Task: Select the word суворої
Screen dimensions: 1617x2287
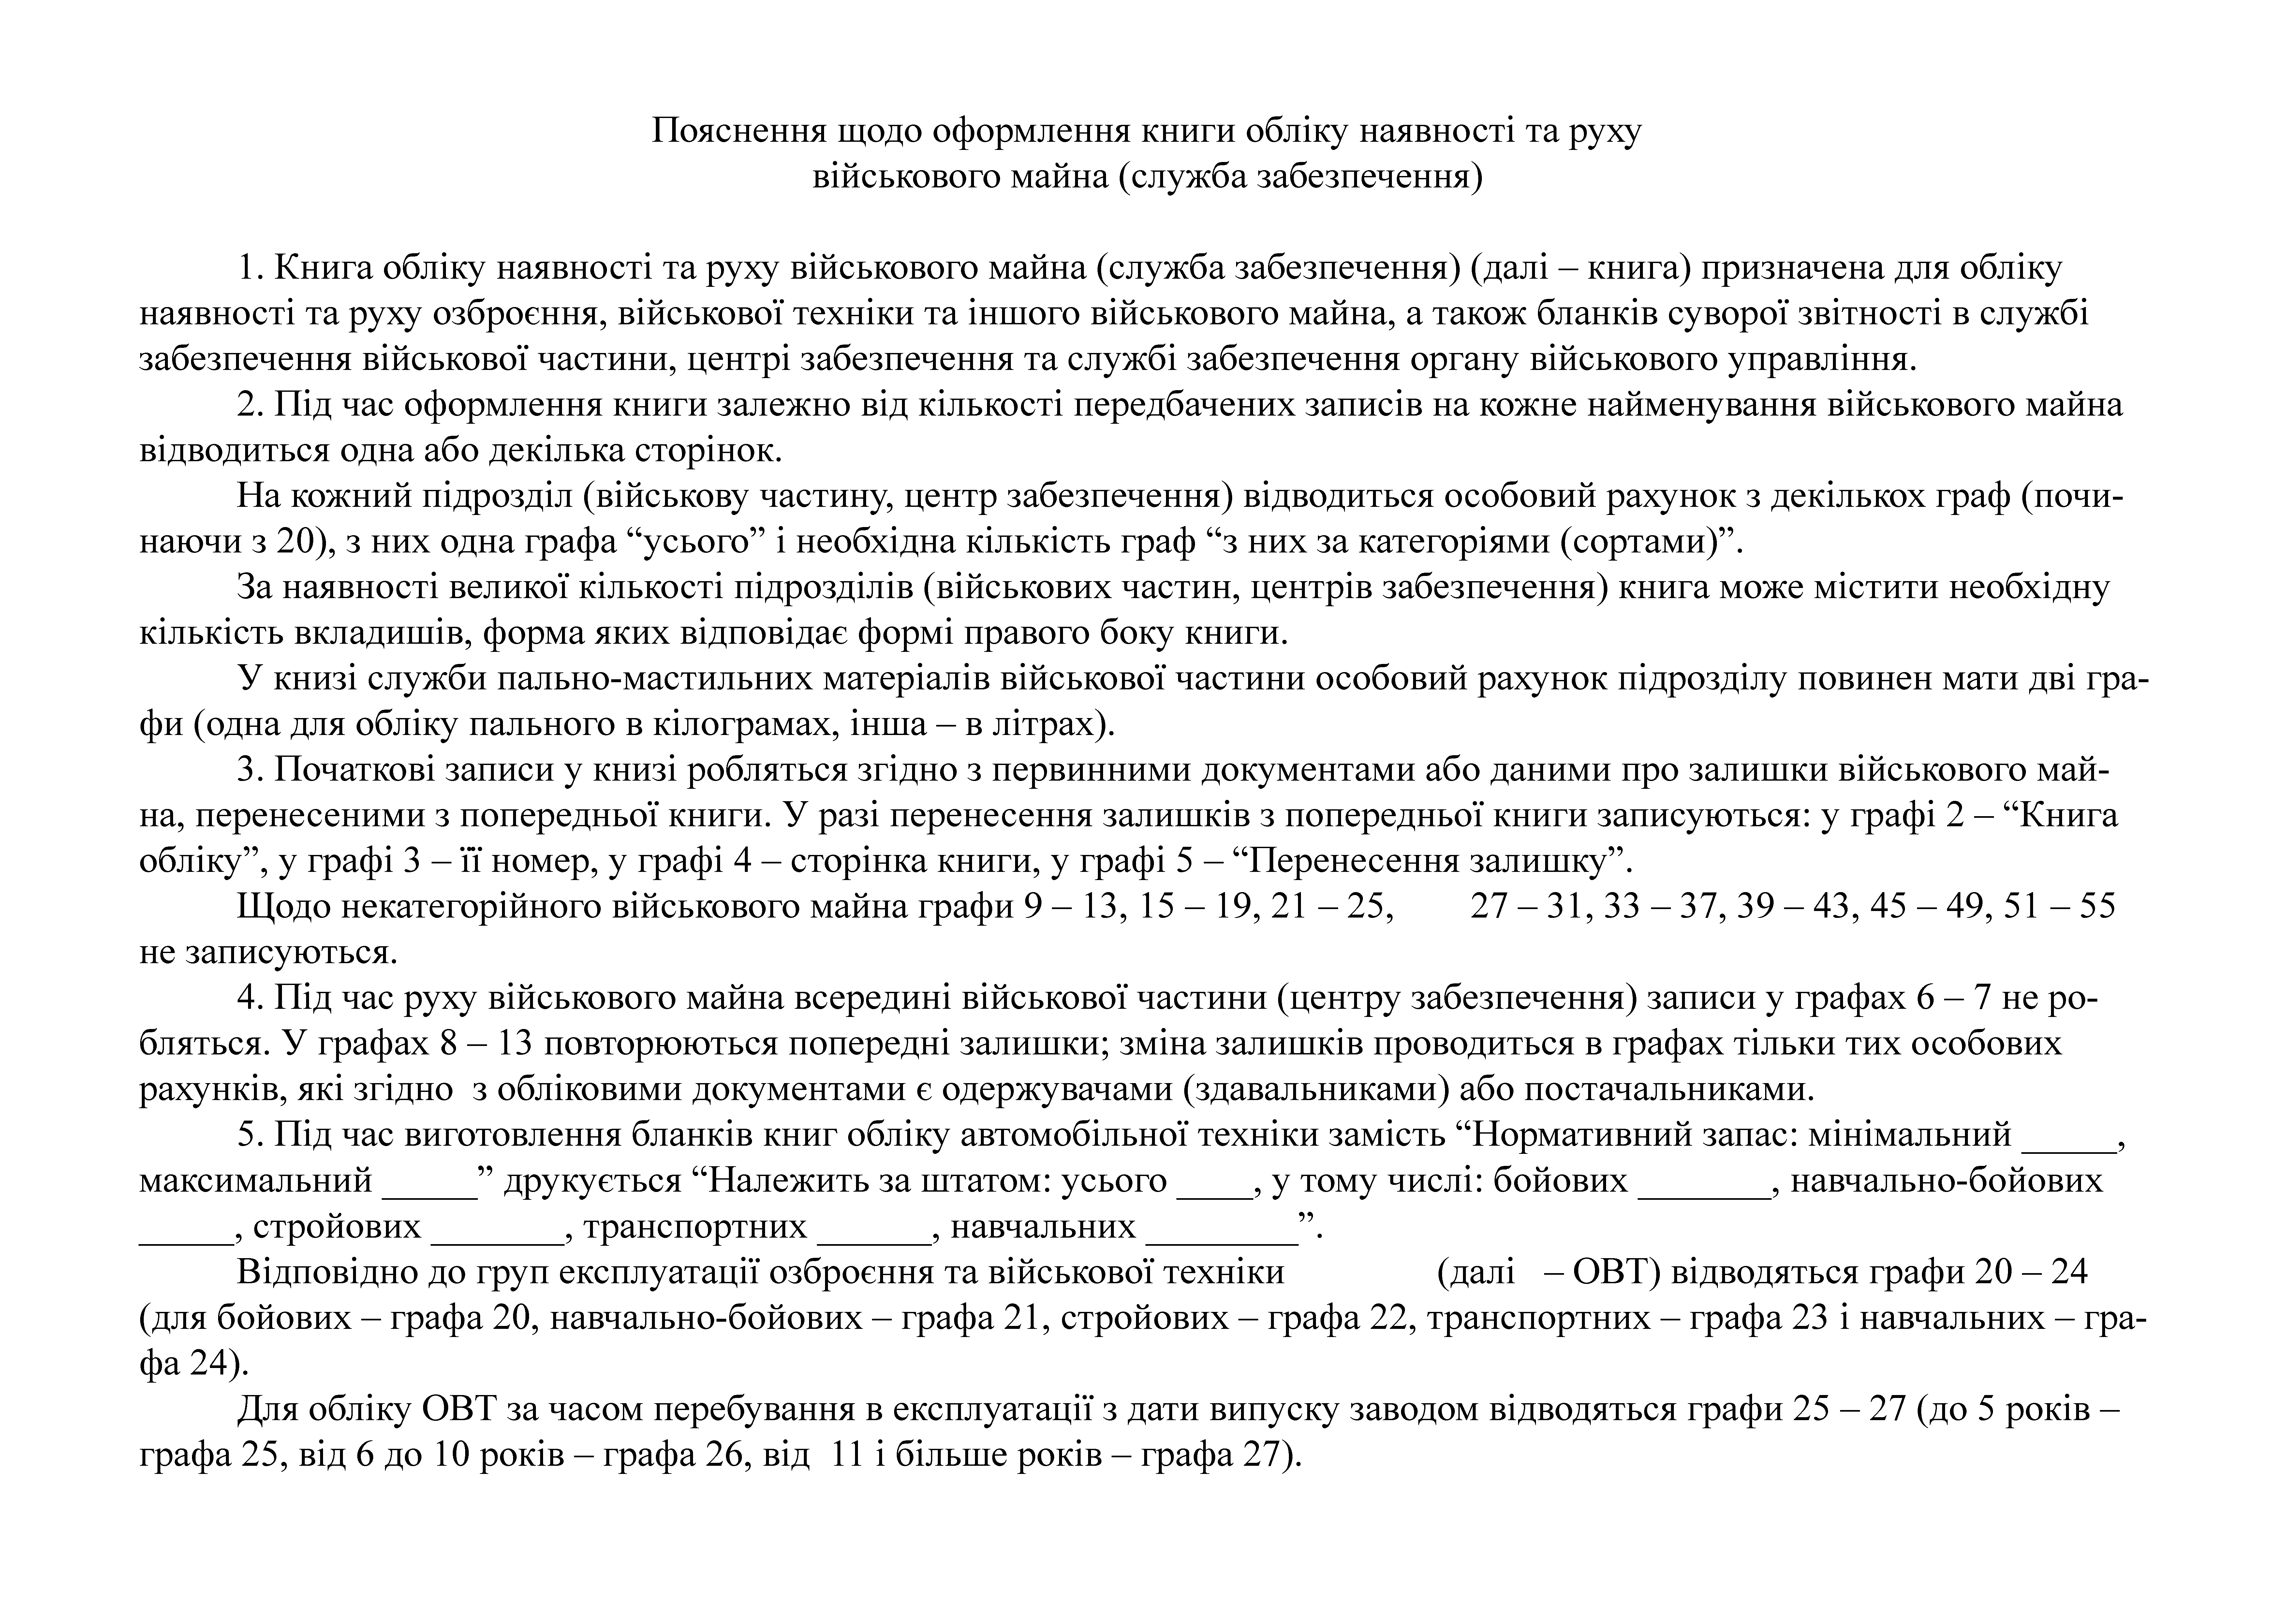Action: coord(1803,314)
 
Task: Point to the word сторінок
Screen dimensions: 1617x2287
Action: coord(708,450)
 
